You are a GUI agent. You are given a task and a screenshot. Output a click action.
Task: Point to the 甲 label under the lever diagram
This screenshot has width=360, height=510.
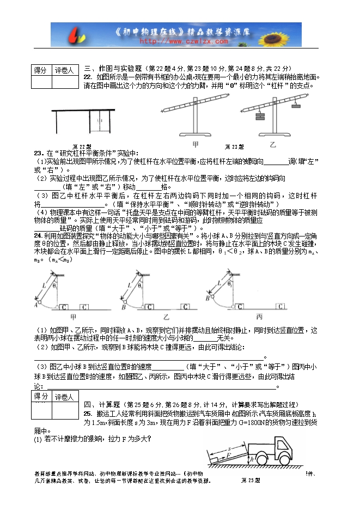click(x=196, y=144)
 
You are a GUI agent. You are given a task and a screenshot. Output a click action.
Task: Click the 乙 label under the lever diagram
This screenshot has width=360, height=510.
click(x=273, y=144)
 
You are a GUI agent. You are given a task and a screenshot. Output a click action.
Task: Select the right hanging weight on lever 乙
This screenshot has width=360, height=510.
click(x=296, y=105)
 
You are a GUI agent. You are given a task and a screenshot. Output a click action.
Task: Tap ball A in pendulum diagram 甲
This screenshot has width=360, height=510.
click(x=36, y=307)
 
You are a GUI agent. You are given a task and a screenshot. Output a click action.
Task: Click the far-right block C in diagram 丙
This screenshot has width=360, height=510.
click(x=281, y=306)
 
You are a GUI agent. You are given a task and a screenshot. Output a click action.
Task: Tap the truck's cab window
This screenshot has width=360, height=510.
click(x=283, y=446)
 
